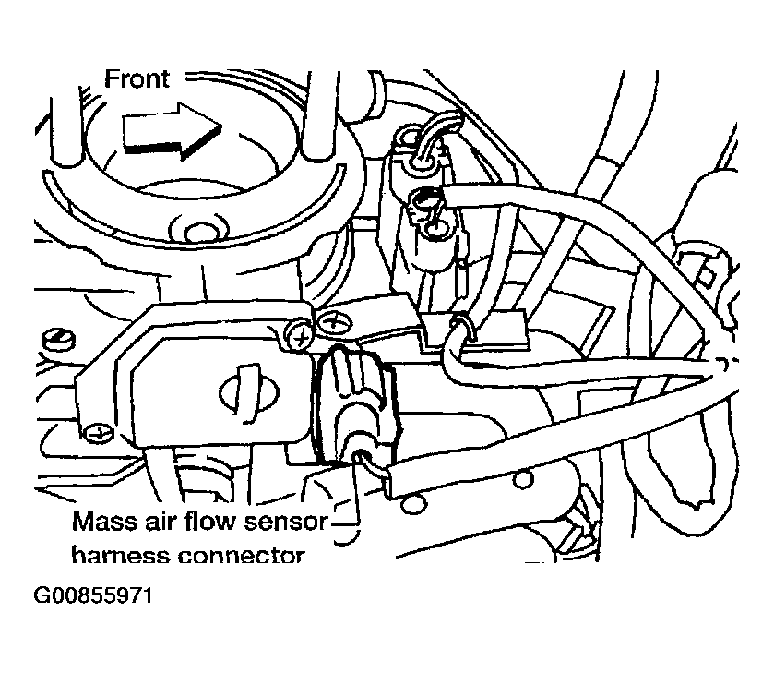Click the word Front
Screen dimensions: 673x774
(137, 78)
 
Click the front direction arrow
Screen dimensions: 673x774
(172, 133)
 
